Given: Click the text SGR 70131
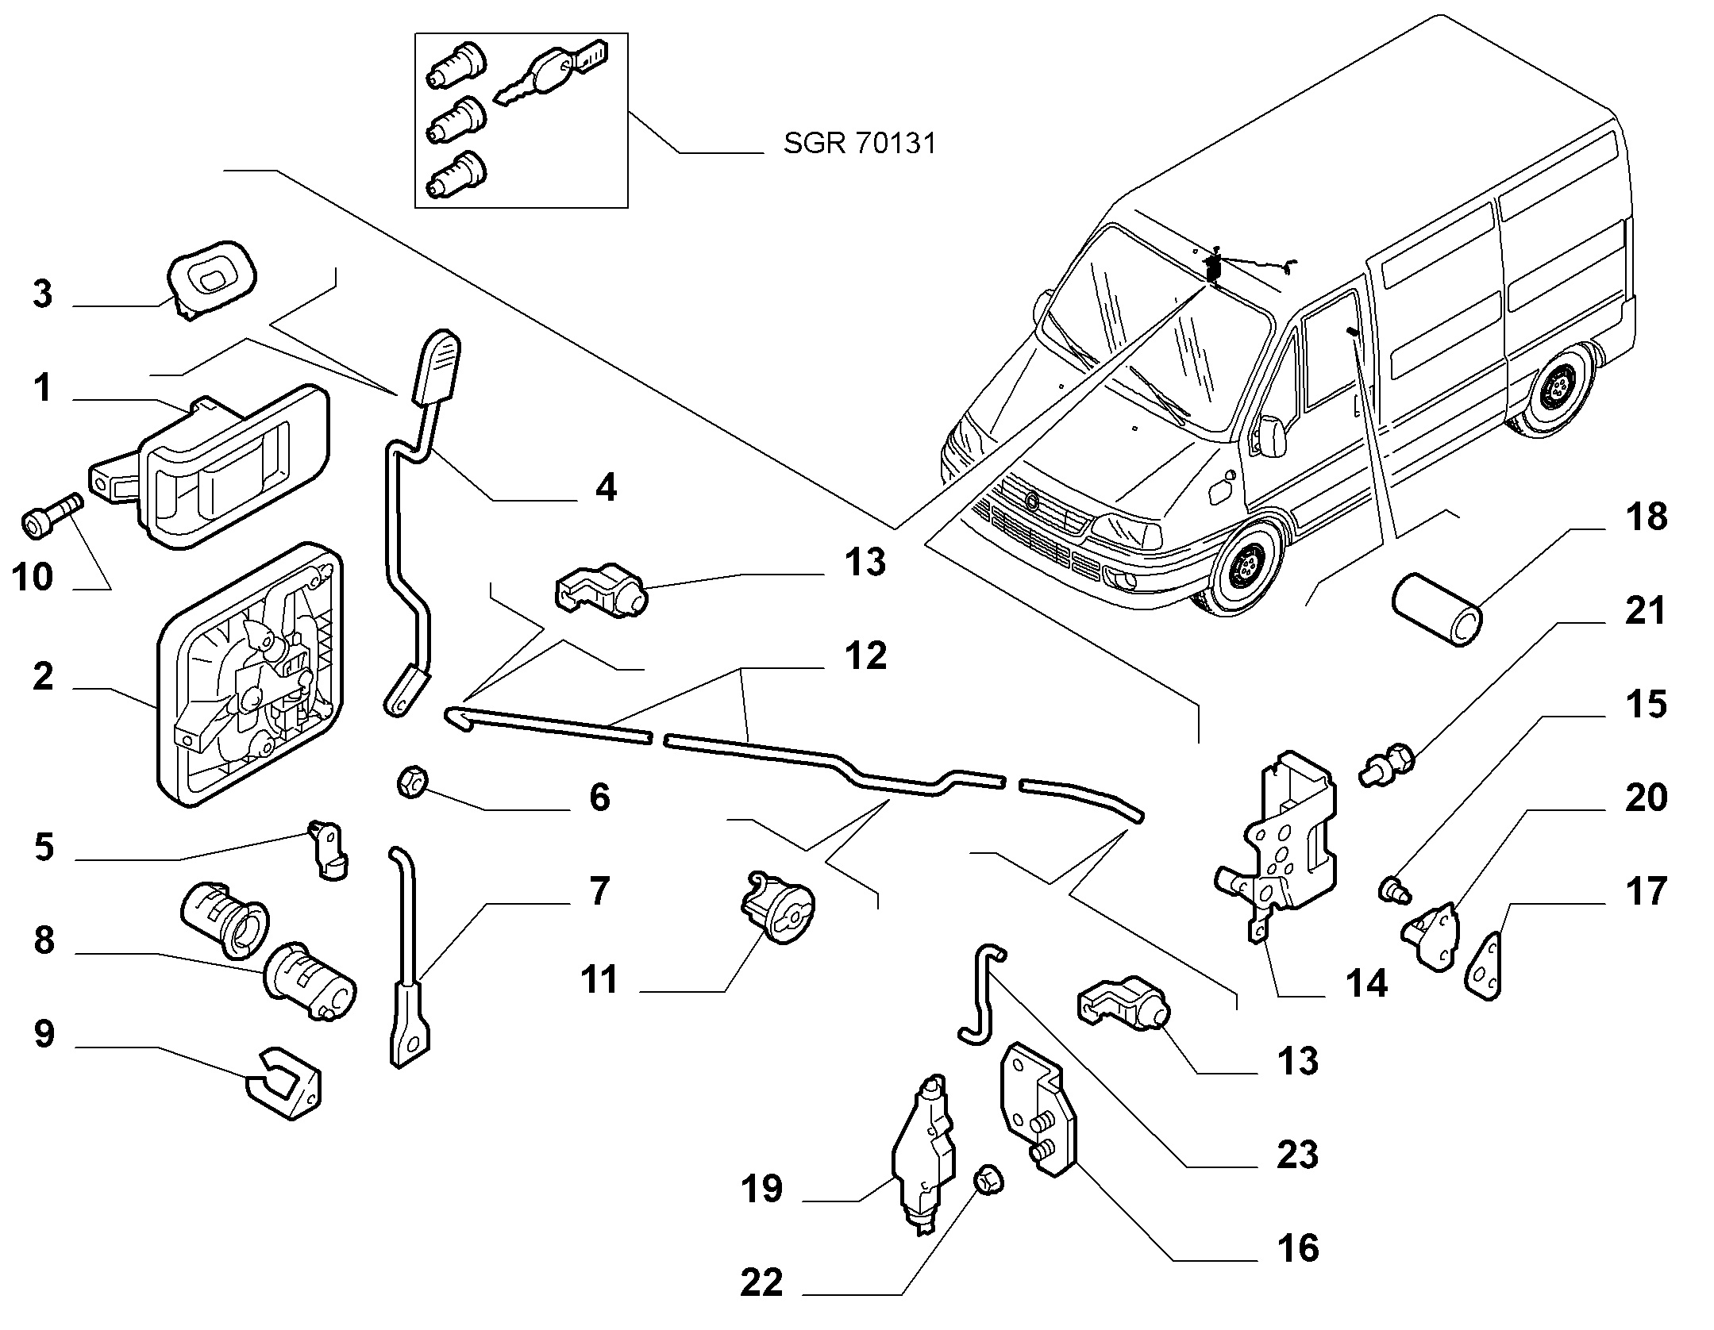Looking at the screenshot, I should pos(859,144).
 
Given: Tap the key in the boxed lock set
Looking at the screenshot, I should pos(548,74).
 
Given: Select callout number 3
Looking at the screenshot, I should pos(42,294).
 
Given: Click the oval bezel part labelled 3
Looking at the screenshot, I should pos(212,278).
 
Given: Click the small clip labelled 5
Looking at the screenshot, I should pos(329,849).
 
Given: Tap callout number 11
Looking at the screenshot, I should pos(599,979).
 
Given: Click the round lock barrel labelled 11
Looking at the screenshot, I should pos(778,906).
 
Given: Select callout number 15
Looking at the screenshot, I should pos(1645,704).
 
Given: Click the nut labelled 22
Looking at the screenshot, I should pos(989,1182).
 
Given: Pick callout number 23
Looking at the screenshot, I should pos(1297,1155).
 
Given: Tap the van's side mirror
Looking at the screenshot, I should pos(1269,435).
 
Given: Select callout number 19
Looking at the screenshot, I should pos(761,1189).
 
